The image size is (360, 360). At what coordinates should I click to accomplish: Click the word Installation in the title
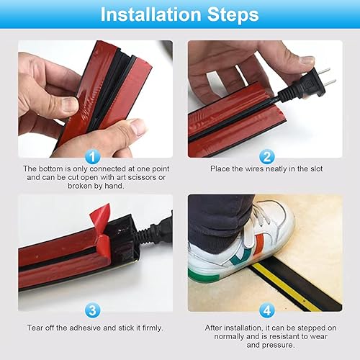tap(150, 14)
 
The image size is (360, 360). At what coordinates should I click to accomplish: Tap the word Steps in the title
tap(233, 15)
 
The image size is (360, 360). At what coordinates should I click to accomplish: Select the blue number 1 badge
tap(93, 157)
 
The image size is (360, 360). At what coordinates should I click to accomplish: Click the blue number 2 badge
tap(266, 157)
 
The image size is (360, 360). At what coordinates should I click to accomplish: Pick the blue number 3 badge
tap(93, 310)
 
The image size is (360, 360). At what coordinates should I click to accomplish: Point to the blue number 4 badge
tap(266, 310)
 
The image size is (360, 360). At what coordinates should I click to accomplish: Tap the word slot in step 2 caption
tap(317, 168)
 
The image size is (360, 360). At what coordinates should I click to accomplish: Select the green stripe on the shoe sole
tap(204, 276)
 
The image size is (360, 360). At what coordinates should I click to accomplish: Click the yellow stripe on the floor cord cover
tap(287, 286)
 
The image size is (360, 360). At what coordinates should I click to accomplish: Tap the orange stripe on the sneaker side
tap(259, 244)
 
